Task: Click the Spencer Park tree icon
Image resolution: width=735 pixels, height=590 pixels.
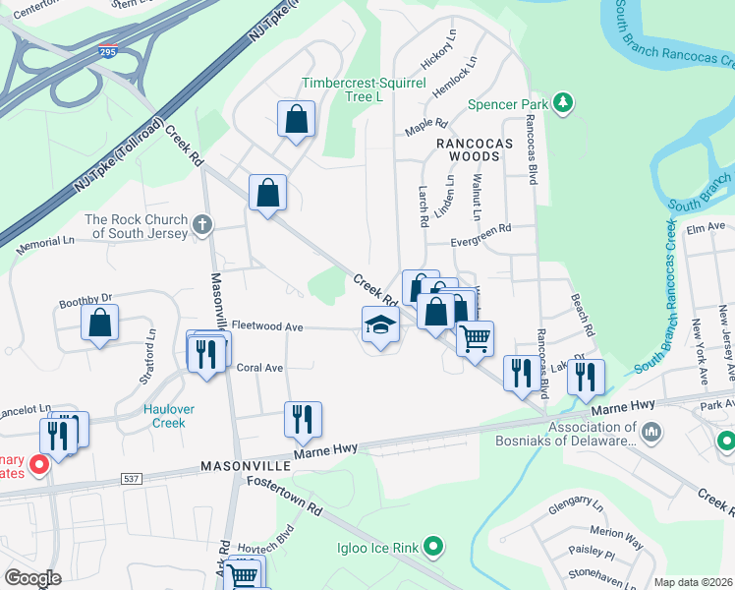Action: point(563,102)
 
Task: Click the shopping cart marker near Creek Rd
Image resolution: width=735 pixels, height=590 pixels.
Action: point(475,338)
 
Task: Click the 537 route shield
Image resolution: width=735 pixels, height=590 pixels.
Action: point(132,479)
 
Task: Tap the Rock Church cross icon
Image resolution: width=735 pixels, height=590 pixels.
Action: point(202,225)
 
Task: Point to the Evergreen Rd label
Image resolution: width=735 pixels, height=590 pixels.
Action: point(481,228)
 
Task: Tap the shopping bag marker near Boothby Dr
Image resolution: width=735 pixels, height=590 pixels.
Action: point(99,323)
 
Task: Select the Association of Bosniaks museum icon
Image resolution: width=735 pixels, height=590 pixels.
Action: point(652,433)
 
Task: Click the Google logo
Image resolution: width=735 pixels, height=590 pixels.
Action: point(32,578)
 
